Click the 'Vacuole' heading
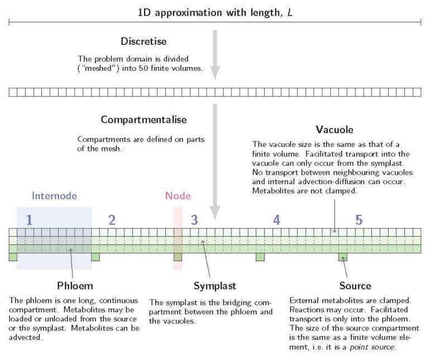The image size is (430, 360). point(335,129)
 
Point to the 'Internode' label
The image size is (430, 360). point(54,196)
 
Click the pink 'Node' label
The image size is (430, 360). point(178,196)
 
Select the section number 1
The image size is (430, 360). point(29,219)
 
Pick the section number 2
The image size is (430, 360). point(112,219)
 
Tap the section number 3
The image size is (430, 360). point(194,219)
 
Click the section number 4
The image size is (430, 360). point(276,219)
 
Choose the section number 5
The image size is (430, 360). point(359,219)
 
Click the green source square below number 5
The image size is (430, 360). point(342,257)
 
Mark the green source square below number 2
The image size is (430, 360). point(95,257)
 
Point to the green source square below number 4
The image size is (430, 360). point(260,257)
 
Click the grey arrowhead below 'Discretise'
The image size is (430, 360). point(215,72)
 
